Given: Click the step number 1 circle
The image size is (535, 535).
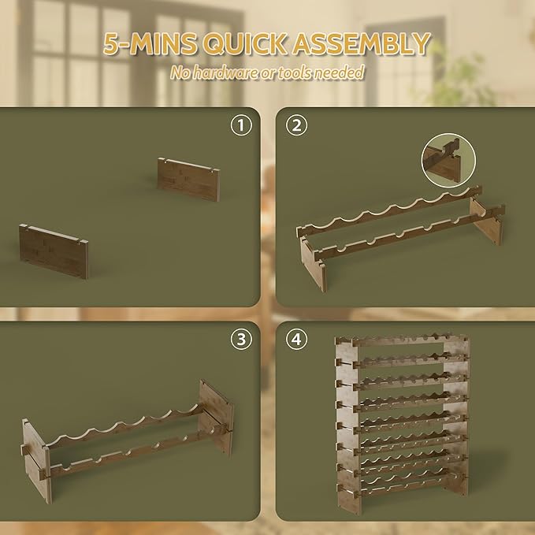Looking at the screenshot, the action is (x=241, y=125).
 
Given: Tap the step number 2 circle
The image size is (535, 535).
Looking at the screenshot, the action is (x=296, y=125).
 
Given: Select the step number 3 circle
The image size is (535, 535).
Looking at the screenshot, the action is (x=241, y=339).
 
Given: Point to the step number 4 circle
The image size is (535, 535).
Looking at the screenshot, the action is (x=296, y=339).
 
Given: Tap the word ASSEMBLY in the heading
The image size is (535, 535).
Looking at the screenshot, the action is (x=361, y=43).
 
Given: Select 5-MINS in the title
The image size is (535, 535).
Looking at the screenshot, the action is (x=150, y=44).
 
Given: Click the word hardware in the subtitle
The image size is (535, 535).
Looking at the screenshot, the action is (x=225, y=72).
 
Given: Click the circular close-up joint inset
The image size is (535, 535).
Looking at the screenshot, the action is (x=448, y=160).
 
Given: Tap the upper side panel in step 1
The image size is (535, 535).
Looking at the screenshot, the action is (x=188, y=179).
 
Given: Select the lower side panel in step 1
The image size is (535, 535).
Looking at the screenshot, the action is (x=54, y=251).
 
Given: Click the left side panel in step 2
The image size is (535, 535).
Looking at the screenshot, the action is (x=313, y=265).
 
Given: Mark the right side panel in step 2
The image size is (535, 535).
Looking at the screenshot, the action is (x=487, y=221).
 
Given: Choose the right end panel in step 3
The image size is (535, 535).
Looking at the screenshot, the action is (x=217, y=418).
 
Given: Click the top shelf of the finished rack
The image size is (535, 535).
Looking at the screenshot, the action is (x=403, y=340).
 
